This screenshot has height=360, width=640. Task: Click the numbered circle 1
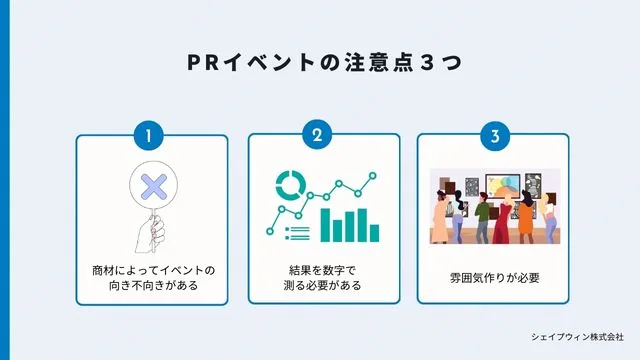pos(149,134)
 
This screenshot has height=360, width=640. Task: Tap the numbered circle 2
pos(318,134)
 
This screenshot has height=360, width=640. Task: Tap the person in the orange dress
pos(525,215)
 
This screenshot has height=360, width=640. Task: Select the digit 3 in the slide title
pos(426,61)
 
